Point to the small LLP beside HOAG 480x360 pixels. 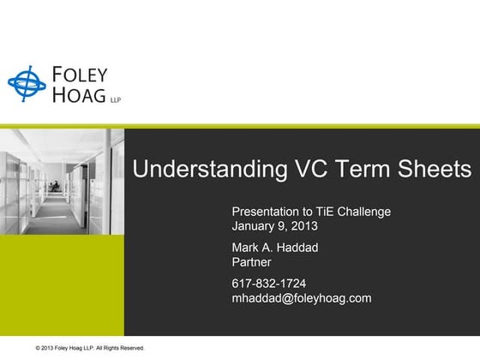point(116,100)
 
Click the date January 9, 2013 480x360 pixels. point(274,227)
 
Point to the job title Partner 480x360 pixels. point(251,262)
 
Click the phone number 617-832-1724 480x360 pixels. point(268,283)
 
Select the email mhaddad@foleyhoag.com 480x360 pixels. point(301,298)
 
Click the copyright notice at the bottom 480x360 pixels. point(90,348)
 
